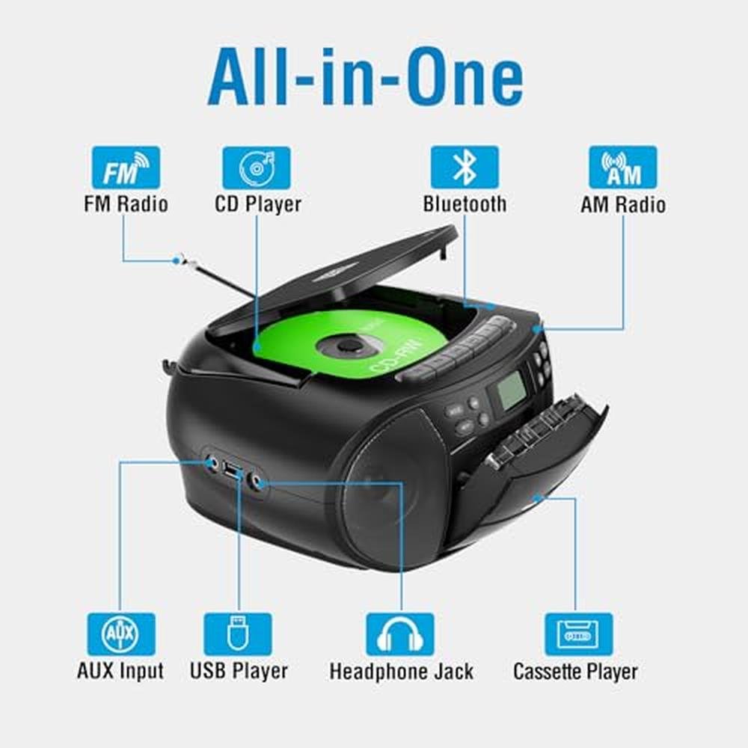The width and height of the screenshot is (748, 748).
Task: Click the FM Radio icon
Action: point(126,168)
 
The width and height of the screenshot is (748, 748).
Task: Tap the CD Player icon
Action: point(256,168)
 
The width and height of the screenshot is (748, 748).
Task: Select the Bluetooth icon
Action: point(465,168)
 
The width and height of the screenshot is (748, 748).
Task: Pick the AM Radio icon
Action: point(623,168)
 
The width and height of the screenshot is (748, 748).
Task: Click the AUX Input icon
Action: point(121,634)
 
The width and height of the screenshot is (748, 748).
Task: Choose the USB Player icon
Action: point(238,634)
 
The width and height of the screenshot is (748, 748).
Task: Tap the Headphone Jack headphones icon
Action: point(400,634)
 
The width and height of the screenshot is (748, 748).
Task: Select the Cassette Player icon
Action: point(579,634)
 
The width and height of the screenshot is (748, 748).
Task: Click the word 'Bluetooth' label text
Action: point(465,204)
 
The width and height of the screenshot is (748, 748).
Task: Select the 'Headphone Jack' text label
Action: point(401,671)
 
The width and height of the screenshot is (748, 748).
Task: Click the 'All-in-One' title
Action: point(366,76)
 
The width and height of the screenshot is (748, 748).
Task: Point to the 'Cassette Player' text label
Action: point(575,671)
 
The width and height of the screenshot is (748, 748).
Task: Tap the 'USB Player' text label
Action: point(239,671)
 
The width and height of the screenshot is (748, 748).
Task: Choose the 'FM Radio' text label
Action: point(126,204)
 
